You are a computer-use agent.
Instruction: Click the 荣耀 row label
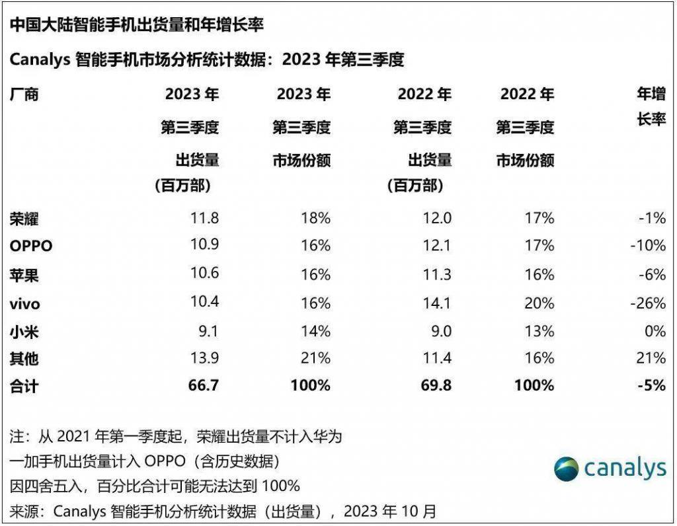[24, 218]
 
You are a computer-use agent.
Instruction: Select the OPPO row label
[31, 246]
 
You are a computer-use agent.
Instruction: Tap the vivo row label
[25, 303]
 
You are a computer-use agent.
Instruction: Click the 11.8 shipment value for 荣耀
[204, 217]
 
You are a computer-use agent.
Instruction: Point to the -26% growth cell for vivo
[647, 303]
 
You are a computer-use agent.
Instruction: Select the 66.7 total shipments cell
[204, 385]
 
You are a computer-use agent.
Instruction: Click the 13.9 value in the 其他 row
[204, 358]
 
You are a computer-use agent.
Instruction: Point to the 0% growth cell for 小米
[654, 330]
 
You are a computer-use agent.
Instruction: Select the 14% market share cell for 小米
[315, 330]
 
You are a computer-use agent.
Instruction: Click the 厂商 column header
[24, 94]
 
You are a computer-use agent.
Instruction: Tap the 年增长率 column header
[651, 107]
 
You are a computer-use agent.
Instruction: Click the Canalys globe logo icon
[567, 469]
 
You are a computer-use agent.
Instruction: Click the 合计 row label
[24, 386]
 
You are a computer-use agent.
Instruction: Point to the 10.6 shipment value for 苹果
[204, 274]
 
